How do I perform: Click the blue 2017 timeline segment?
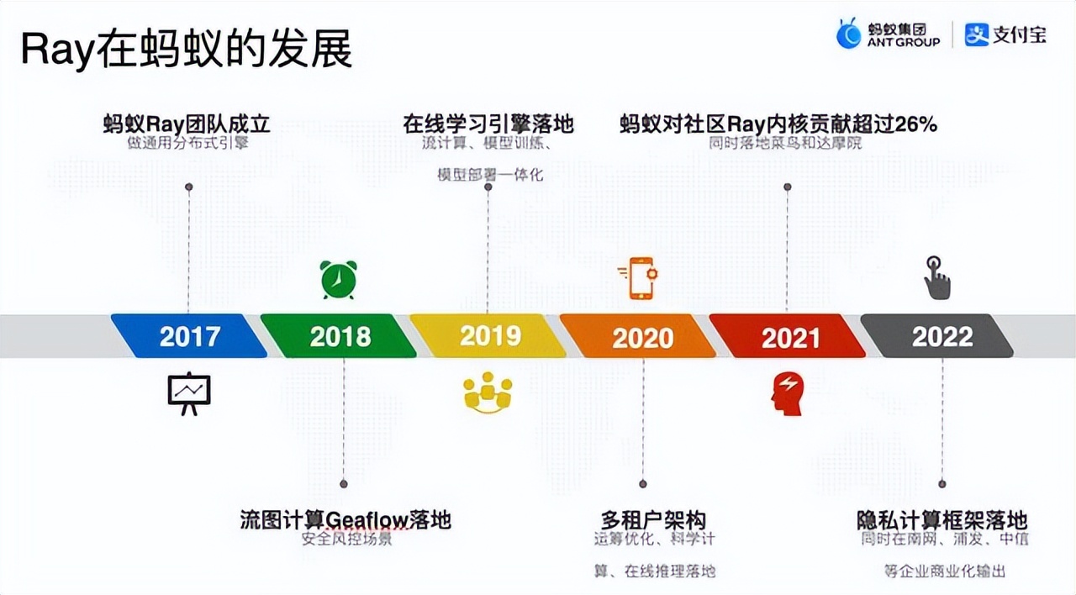click(x=189, y=336)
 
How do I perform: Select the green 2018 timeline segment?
click(x=339, y=336)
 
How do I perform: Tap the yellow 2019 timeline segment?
click(x=488, y=336)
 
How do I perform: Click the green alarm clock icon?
click(x=338, y=279)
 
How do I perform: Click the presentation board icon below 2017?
click(x=189, y=393)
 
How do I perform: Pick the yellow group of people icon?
click(x=488, y=393)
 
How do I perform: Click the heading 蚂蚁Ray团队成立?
click(x=187, y=124)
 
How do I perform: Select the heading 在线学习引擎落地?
click(x=488, y=124)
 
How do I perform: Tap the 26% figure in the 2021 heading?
click(x=915, y=124)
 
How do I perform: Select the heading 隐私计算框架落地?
click(x=942, y=520)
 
